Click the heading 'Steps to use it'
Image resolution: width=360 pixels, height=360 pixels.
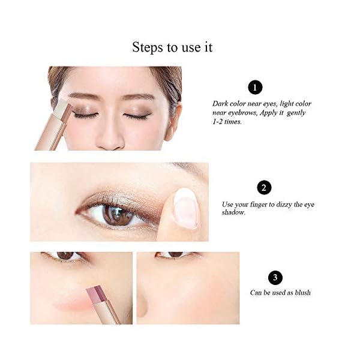(x=172, y=47)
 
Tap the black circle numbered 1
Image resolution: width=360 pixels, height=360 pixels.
(x=255, y=88)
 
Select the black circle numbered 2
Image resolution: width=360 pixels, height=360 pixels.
(x=264, y=188)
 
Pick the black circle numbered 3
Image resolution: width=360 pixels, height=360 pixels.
(x=275, y=277)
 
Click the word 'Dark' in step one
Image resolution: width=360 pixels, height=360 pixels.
(x=221, y=104)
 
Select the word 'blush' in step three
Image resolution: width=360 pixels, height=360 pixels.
(x=302, y=293)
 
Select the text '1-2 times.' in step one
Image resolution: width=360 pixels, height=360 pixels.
(x=227, y=122)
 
